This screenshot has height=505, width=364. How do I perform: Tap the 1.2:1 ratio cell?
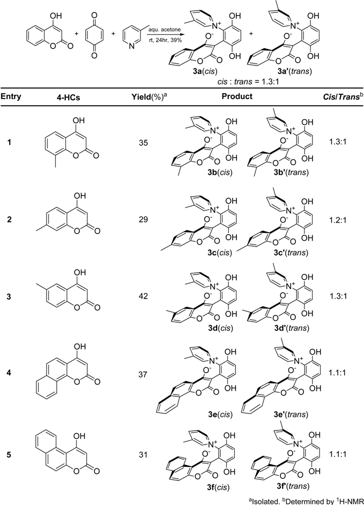pos(336,217)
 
